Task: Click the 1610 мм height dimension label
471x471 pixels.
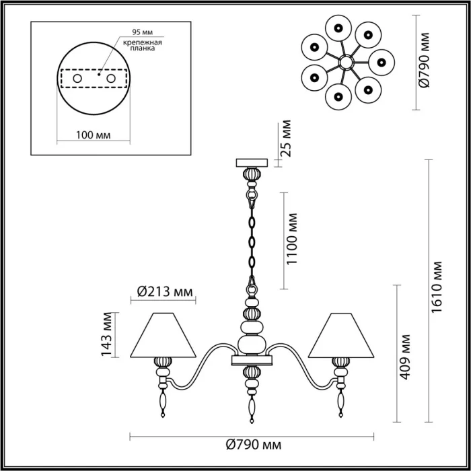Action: coord(438,287)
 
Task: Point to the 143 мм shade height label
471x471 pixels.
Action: coord(106,335)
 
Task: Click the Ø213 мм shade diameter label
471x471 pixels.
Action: coord(164,291)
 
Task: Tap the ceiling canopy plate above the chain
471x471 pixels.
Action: coord(252,162)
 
